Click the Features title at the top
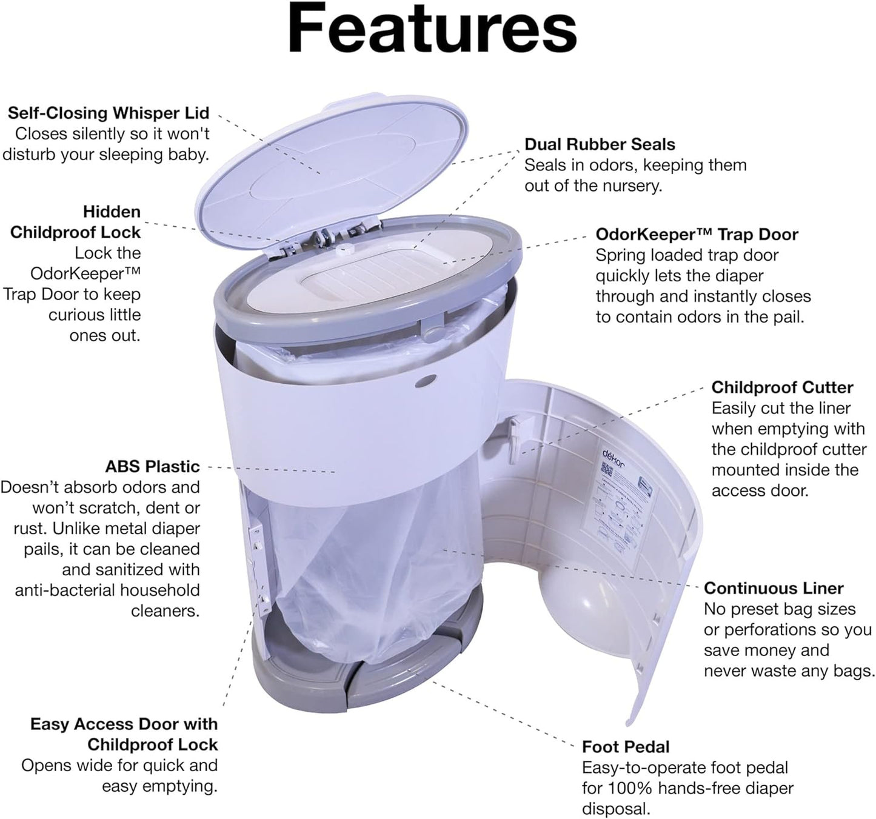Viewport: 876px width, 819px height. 432,29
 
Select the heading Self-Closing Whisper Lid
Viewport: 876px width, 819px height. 109,113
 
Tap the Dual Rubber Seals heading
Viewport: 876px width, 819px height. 600,144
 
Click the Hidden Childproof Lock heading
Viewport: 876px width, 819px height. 76,222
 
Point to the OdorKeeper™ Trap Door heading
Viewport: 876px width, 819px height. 697,234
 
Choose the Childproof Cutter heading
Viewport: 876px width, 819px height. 782,387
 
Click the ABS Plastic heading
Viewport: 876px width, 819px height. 152,466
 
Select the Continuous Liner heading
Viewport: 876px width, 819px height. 774,588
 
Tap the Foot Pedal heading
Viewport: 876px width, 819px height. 626,746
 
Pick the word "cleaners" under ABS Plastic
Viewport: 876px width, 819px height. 165,610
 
